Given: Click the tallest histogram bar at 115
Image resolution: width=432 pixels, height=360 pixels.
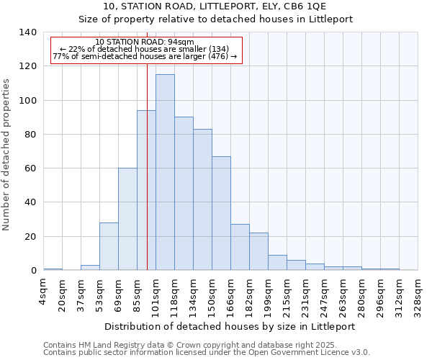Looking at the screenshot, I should point(165,173).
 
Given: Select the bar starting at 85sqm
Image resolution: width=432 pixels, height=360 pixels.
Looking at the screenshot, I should point(146,191).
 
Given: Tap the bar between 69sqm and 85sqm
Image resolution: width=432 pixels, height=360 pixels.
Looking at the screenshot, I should point(127,220).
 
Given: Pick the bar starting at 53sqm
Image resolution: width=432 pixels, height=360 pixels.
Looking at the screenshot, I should point(109,247).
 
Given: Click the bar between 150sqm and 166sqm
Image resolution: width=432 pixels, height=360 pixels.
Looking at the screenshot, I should point(221,214).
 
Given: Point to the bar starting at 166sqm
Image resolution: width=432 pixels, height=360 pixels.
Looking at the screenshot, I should point(240,248).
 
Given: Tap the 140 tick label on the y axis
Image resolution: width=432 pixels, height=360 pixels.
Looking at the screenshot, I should point(27,32).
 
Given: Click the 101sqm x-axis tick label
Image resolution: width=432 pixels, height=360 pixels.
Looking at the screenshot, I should point(156,292).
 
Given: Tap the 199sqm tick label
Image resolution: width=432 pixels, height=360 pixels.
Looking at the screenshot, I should point(268,292).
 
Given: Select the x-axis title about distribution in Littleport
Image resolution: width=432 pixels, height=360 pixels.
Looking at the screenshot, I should point(230,326).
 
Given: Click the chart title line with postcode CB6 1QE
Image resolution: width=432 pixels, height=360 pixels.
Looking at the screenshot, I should point(215,6).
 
